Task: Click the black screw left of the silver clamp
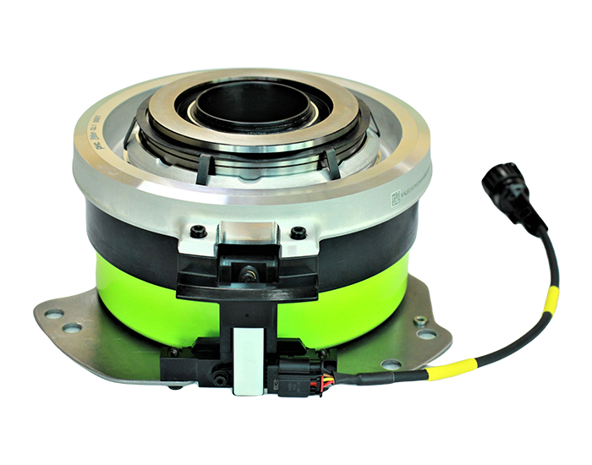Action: click(199, 232)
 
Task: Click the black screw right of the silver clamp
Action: click(295, 232)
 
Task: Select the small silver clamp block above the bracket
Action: click(247, 231)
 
